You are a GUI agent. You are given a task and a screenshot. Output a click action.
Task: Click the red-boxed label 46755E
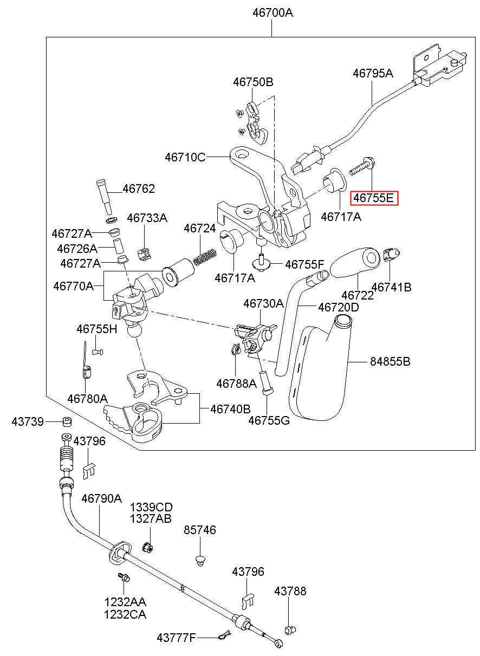click(x=374, y=198)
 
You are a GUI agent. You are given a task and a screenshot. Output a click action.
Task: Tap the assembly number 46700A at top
click(x=273, y=13)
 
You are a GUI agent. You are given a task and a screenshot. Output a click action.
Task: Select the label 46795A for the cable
click(x=373, y=73)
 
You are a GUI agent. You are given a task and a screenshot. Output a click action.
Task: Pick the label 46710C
click(x=185, y=157)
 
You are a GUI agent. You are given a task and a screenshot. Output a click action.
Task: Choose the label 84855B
click(x=390, y=361)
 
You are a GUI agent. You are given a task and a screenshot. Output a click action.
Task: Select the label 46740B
click(x=230, y=409)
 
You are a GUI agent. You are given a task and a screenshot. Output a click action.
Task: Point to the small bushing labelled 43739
click(x=67, y=421)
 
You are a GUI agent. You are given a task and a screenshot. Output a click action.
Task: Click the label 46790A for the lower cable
click(x=101, y=498)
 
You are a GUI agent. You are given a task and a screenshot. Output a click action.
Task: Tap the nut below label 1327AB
click(x=148, y=547)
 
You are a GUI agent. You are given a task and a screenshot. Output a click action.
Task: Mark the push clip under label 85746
click(x=200, y=560)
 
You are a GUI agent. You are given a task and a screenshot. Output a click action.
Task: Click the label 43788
click(x=290, y=592)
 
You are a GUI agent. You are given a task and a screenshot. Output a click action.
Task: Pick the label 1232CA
click(x=125, y=614)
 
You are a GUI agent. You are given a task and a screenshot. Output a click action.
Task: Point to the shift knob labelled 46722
click(x=355, y=262)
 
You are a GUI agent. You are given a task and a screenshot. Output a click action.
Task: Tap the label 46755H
click(x=96, y=329)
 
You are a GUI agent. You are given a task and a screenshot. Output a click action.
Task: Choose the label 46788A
click(x=236, y=384)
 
